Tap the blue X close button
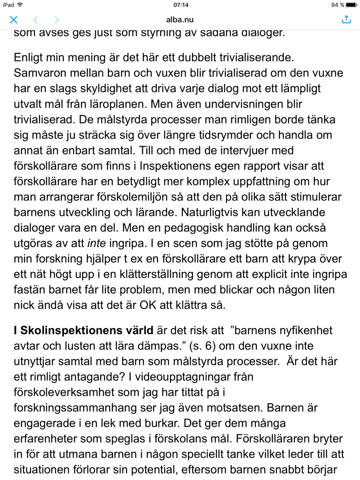pos(13,20)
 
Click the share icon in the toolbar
pos(346,19)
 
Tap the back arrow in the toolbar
pos(35,20)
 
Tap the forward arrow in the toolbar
pos(56,20)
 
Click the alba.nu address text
pos(180,20)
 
